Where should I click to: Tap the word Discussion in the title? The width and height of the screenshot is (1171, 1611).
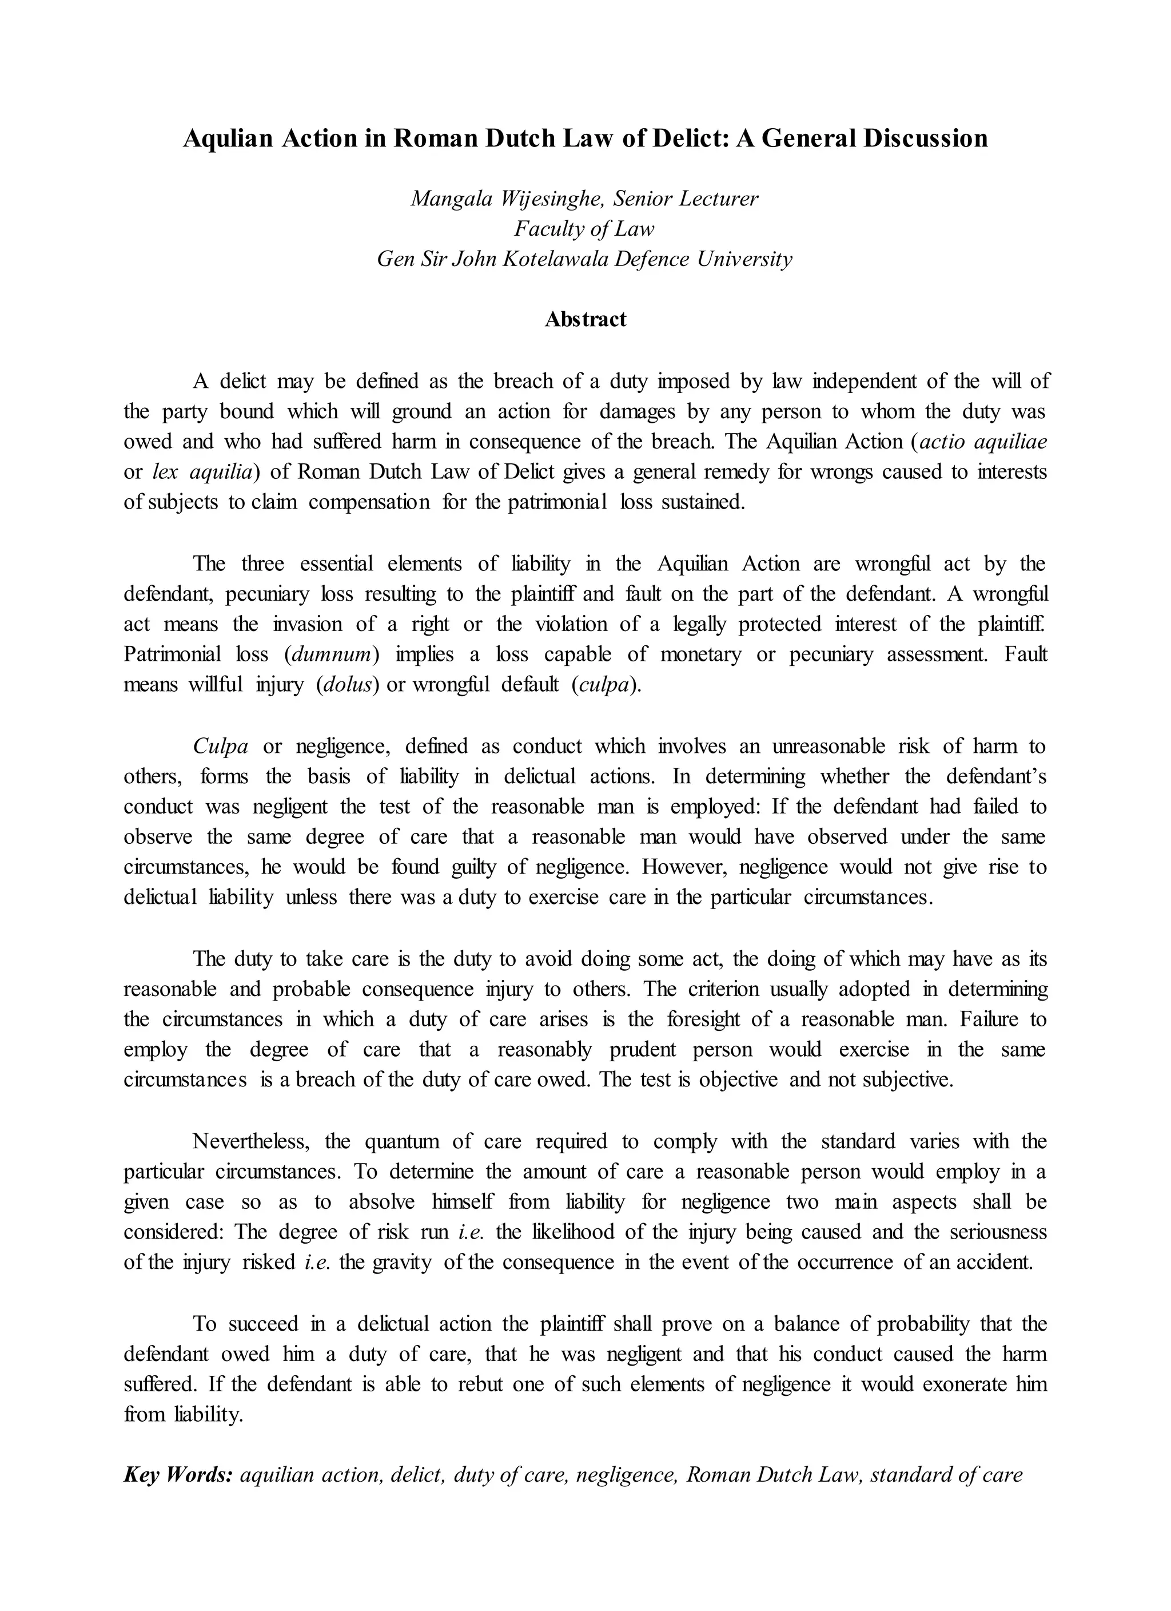pyautogui.click(x=925, y=138)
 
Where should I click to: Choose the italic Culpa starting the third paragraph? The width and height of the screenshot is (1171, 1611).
pyautogui.click(x=220, y=747)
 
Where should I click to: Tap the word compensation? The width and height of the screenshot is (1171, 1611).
pyautogui.click(x=369, y=502)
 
